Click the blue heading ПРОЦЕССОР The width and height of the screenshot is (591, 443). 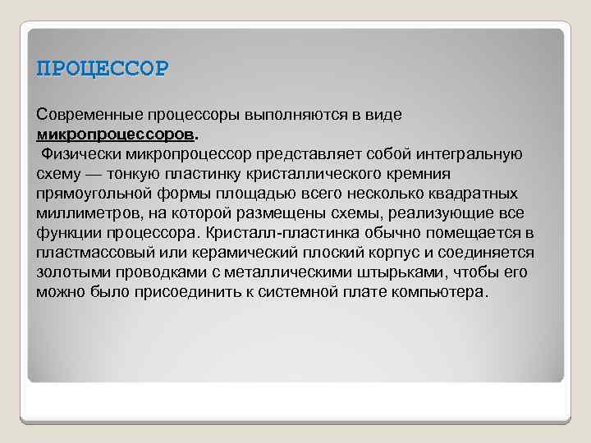[103, 67]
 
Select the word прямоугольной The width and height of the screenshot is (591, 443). [90, 193]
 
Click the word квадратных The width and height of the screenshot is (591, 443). [476, 193]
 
